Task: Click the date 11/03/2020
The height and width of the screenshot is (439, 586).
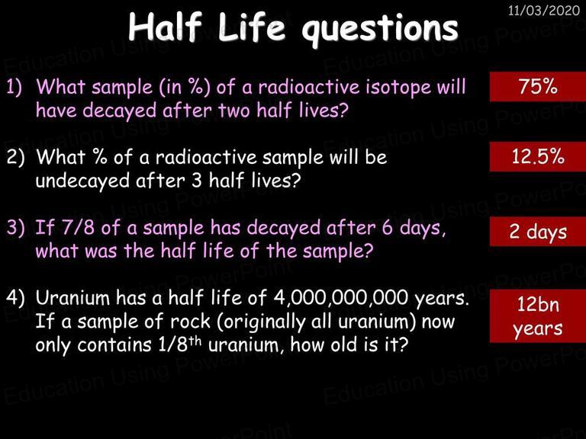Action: point(544,10)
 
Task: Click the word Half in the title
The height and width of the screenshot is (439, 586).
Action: point(166,27)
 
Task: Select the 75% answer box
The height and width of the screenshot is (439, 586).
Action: point(538,87)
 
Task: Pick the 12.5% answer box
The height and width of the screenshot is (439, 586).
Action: point(538,156)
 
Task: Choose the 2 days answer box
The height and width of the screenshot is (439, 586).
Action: point(538,231)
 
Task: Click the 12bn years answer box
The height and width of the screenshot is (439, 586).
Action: point(538,316)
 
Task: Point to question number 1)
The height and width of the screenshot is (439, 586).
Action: point(14,88)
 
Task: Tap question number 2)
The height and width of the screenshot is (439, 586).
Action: point(15,158)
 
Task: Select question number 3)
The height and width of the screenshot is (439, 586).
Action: point(15,227)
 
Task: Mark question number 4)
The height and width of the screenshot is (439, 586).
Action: point(15,298)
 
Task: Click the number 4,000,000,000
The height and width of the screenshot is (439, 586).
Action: point(341,298)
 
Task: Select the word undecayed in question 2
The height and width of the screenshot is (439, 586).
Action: point(83,181)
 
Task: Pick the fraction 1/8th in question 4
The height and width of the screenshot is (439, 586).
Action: point(180,344)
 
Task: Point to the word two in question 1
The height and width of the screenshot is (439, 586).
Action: point(234,111)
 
